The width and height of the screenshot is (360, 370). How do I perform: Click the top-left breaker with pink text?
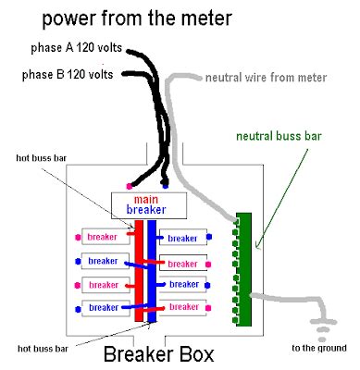pyautogui.click(x=102, y=237)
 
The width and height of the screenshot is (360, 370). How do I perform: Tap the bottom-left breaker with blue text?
pyautogui.click(x=102, y=306)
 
